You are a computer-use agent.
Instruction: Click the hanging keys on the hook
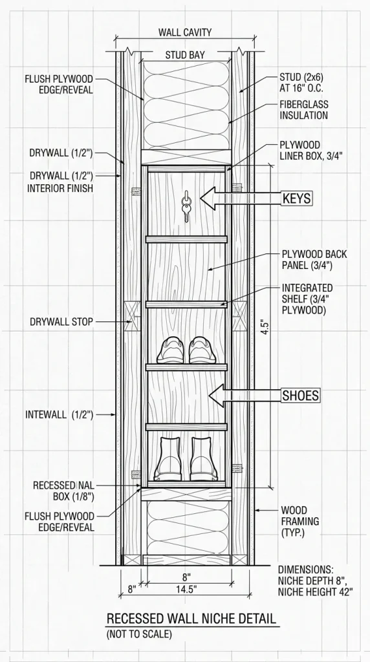[x=186, y=206]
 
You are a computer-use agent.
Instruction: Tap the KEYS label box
[x=298, y=198]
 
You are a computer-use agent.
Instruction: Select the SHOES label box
[x=301, y=396]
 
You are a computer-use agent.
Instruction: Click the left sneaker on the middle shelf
[x=171, y=350]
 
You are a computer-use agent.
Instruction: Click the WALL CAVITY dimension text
[x=185, y=32]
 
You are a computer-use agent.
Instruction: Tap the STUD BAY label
[x=185, y=55]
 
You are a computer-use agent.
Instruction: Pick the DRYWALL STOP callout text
[x=61, y=322]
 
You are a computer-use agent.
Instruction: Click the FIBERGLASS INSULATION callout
[x=303, y=109]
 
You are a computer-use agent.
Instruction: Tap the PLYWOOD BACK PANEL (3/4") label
[x=308, y=260]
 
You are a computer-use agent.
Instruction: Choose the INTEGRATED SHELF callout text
[x=307, y=299]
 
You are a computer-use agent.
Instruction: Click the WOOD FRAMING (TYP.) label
[x=294, y=522]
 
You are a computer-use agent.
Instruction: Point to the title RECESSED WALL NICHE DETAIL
[x=191, y=619]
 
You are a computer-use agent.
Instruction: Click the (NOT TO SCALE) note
[x=139, y=634]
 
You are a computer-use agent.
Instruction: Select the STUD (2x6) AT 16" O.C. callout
[x=301, y=83]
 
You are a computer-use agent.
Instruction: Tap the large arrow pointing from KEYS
[x=241, y=198]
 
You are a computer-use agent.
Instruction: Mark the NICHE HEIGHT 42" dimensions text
[x=315, y=592]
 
